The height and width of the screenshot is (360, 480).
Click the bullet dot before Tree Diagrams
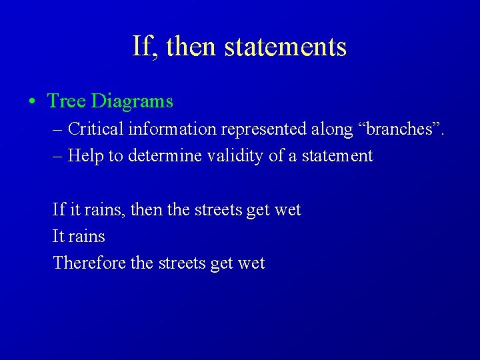32,102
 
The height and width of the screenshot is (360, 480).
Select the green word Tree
67,101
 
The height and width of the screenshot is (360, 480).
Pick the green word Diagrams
132,101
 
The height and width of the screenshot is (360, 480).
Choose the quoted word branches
399,129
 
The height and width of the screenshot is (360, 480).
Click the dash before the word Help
57,156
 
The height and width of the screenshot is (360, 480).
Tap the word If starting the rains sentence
59,210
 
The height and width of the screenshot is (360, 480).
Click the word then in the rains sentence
146,210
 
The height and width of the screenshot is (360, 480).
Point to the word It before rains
58,237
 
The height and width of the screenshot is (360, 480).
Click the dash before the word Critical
57,129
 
